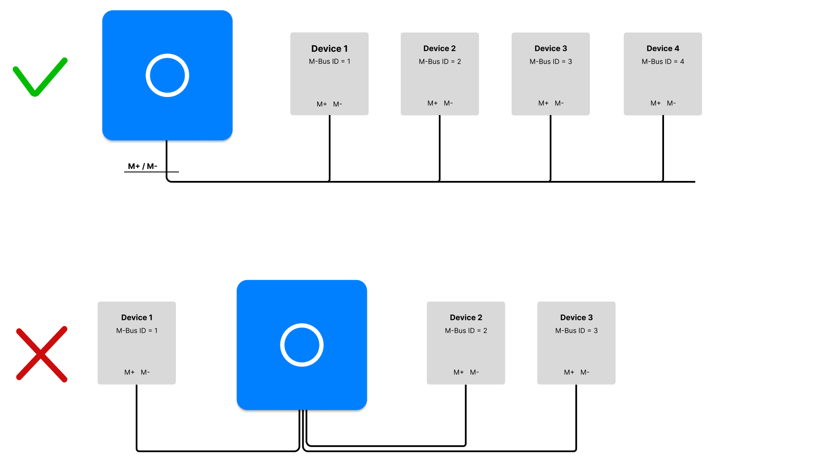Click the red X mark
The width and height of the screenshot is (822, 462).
pos(42,354)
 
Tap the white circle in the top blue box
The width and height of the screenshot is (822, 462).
pos(167,75)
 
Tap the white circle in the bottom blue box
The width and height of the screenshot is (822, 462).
pos(302,345)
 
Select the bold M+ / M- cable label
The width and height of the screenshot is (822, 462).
pos(143,166)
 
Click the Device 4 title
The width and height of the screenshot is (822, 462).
pos(663,48)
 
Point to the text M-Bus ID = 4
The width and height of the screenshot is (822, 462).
pos(663,62)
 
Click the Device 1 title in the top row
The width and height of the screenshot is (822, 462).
pos(329,48)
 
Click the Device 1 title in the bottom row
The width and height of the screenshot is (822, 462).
pos(137,317)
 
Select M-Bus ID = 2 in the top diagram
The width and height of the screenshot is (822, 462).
pos(440,62)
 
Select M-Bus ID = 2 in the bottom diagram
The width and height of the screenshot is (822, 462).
pos(466,331)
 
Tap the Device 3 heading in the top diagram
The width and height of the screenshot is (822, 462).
pos(551,48)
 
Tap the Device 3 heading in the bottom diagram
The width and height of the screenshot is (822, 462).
pos(576,317)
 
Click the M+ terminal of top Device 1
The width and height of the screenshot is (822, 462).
pos(322,104)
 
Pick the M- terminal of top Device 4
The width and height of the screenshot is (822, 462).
pos(671,103)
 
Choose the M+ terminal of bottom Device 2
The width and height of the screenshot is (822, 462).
pos(459,372)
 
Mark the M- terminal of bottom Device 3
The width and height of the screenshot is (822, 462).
pos(585,372)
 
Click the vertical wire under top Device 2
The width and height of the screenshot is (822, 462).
pos(440,148)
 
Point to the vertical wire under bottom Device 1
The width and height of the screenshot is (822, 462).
pos(137,417)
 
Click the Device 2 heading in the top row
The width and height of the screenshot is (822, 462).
pos(440,48)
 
